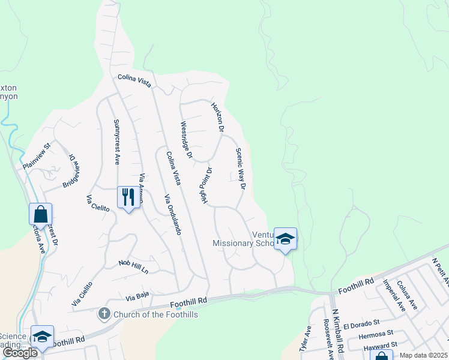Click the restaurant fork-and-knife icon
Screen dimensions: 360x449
(128, 197)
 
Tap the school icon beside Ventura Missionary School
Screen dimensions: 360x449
(286, 239)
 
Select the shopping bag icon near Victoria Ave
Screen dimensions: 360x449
(40, 214)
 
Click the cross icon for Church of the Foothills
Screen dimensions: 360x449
(104, 314)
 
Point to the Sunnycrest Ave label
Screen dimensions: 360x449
(117, 142)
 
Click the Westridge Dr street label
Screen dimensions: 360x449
(185, 140)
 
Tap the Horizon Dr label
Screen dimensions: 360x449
(217, 117)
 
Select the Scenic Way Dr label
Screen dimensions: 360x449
(240, 169)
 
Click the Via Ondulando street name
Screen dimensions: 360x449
(172, 214)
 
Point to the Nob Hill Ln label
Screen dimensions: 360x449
(133, 266)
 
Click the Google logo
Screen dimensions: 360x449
(20, 353)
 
